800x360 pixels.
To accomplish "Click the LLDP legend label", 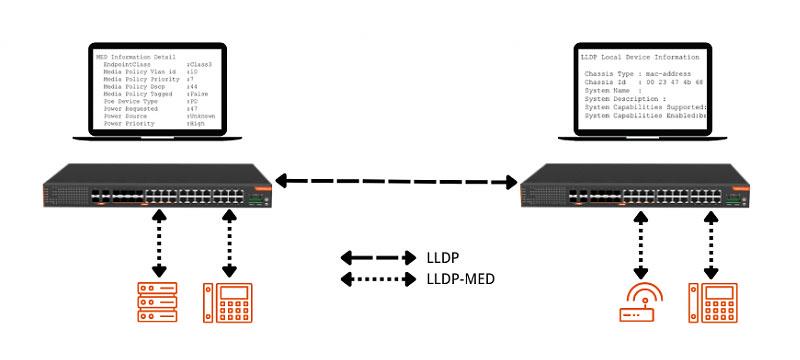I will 447,257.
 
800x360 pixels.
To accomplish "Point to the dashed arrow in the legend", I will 378,257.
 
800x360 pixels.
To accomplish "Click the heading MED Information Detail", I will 134,57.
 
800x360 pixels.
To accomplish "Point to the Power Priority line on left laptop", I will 150,123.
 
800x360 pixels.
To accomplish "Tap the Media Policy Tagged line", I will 150,93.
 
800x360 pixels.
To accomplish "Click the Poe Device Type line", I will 150,101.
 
